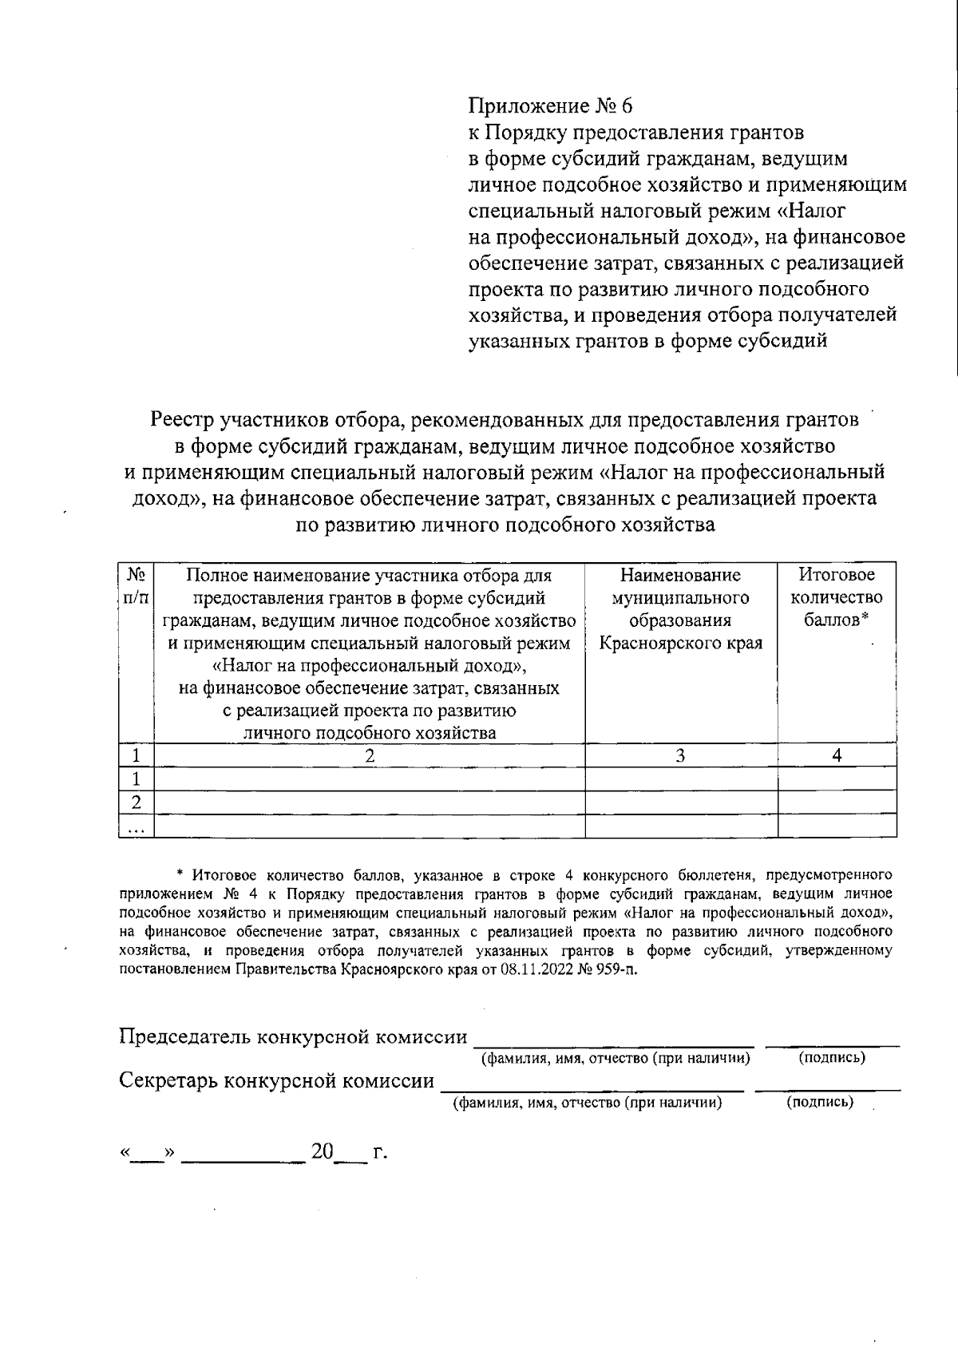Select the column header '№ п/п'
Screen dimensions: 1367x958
pyautogui.click(x=136, y=585)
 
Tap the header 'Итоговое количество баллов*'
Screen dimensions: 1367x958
pyautogui.click(x=837, y=597)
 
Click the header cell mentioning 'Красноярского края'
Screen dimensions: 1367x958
pyautogui.click(x=681, y=643)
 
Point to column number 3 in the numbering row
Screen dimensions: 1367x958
pyautogui.click(x=680, y=755)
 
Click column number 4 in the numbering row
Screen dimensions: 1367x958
pyautogui.click(x=837, y=755)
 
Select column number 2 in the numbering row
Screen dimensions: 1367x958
pyautogui.click(x=370, y=755)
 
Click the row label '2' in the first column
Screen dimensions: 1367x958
pyautogui.click(x=136, y=802)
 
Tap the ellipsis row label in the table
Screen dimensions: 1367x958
pyautogui.click(x=136, y=827)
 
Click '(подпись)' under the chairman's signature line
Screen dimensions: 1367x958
pyautogui.click(x=832, y=1058)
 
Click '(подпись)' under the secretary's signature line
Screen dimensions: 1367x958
pyautogui.click(x=820, y=1103)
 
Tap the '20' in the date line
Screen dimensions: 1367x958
pyautogui.click(x=322, y=1151)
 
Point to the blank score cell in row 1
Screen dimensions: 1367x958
pyautogui.click(x=837, y=779)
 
